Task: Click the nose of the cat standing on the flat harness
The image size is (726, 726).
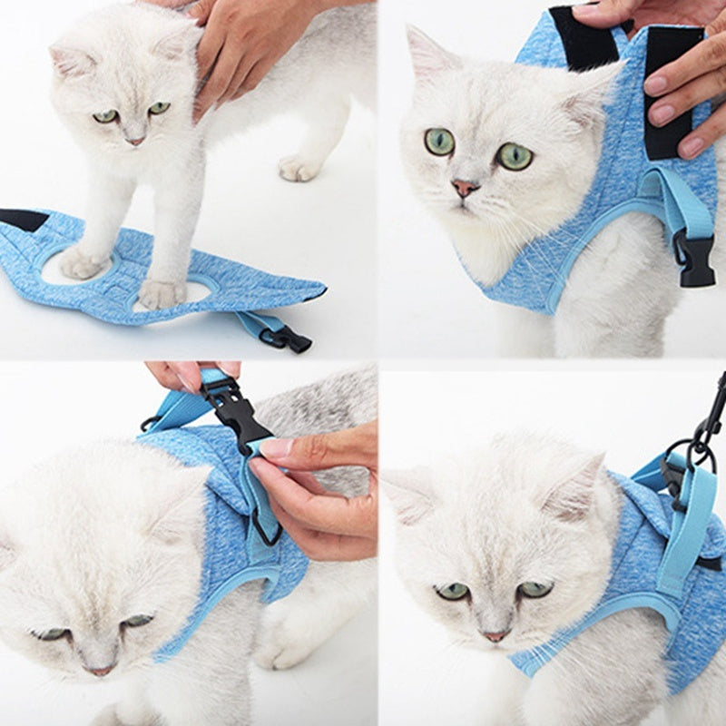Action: point(134,141)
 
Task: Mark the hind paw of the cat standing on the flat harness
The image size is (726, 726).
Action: point(299,167)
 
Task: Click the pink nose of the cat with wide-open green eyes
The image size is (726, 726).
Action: point(466,188)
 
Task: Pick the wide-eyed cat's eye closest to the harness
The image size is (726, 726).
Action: point(515,156)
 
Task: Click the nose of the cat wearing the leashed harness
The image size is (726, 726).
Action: point(495,636)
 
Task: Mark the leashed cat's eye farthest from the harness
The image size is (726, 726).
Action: point(452,591)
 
